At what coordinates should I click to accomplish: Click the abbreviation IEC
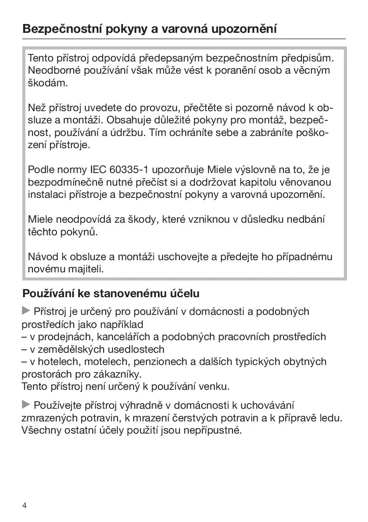coord(98,170)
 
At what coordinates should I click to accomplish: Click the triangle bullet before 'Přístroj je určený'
coord(26,311)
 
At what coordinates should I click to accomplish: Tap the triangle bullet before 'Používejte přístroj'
coord(26,405)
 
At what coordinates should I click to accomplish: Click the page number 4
coord(24,506)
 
